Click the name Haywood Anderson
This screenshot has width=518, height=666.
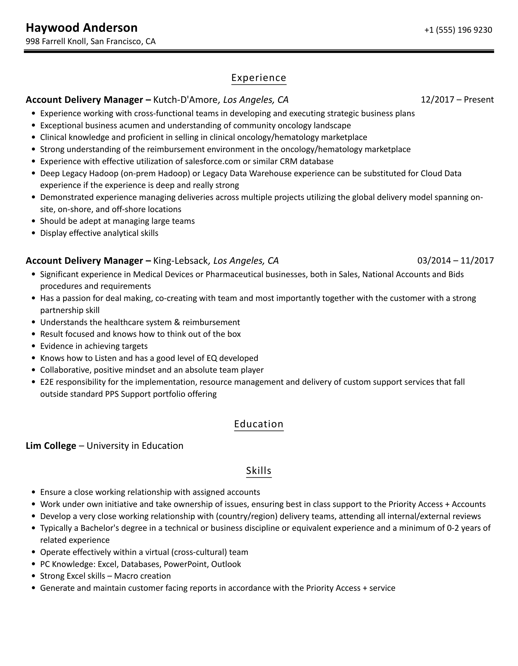tap(82, 28)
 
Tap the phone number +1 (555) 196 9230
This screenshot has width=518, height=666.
tap(458, 30)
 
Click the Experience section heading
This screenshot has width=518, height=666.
tap(259, 78)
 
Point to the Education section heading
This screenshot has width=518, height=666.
tap(259, 424)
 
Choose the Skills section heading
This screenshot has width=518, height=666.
tap(259, 470)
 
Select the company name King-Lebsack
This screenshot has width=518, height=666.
tap(180, 261)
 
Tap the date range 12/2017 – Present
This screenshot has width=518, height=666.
tap(457, 100)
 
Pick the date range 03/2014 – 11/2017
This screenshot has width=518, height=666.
tap(455, 261)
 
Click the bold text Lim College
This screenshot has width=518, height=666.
tap(51, 446)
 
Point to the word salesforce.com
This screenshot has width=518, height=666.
tap(212, 161)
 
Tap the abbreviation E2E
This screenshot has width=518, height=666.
tap(47, 382)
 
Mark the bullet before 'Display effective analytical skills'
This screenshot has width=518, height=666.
tap(34, 233)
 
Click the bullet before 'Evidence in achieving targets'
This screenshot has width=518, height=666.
tap(34, 346)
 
